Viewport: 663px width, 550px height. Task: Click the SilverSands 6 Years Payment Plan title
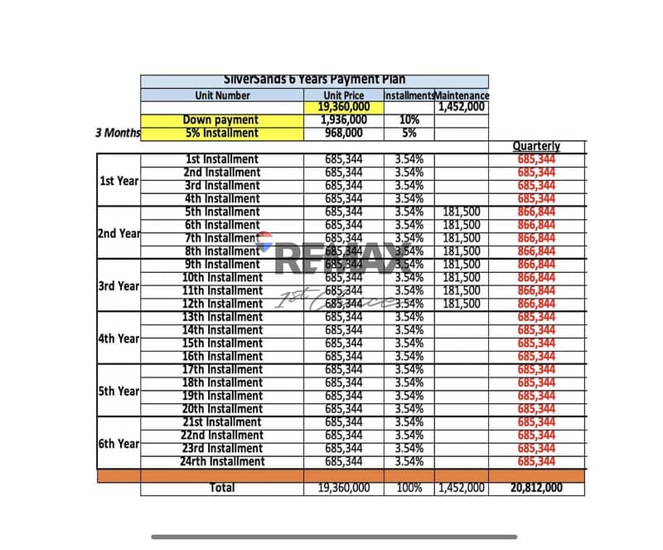(314, 81)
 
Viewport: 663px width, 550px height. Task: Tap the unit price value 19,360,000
(344, 107)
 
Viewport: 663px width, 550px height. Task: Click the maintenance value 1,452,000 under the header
(462, 107)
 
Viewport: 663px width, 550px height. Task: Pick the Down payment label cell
(220, 120)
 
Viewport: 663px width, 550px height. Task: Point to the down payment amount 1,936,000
(344, 120)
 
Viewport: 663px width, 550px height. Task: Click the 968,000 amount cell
(344, 133)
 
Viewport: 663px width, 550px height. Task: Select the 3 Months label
(119, 133)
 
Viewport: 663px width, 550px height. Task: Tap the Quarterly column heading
(536, 146)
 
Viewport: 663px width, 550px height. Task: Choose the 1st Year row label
(119, 180)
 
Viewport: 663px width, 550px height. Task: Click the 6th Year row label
(119, 443)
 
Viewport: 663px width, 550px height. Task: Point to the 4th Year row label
(119, 338)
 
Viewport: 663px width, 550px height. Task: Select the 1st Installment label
(221, 159)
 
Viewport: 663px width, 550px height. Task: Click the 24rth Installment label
(222, 461)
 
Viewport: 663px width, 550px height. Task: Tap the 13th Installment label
(222, 317)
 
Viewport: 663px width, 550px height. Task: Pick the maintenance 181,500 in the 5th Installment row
(462, 212)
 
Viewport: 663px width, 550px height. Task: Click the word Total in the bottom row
(222, 488)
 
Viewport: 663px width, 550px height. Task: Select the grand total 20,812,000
(536, 488)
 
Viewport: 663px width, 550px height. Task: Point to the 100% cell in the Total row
(409, 488)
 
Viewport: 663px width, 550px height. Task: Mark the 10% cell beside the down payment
(409, 120)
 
